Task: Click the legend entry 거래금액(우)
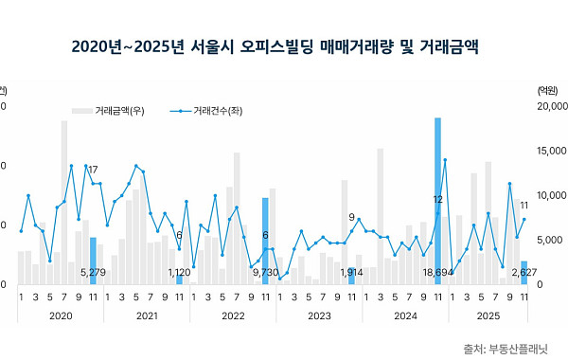pos(126,112)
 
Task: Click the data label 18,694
pos(437,273)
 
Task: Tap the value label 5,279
pos(93,273)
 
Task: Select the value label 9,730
pos(265,273)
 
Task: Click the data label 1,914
pos(351,273)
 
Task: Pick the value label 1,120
pos(179,273)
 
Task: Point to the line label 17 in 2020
pos(93,170)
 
